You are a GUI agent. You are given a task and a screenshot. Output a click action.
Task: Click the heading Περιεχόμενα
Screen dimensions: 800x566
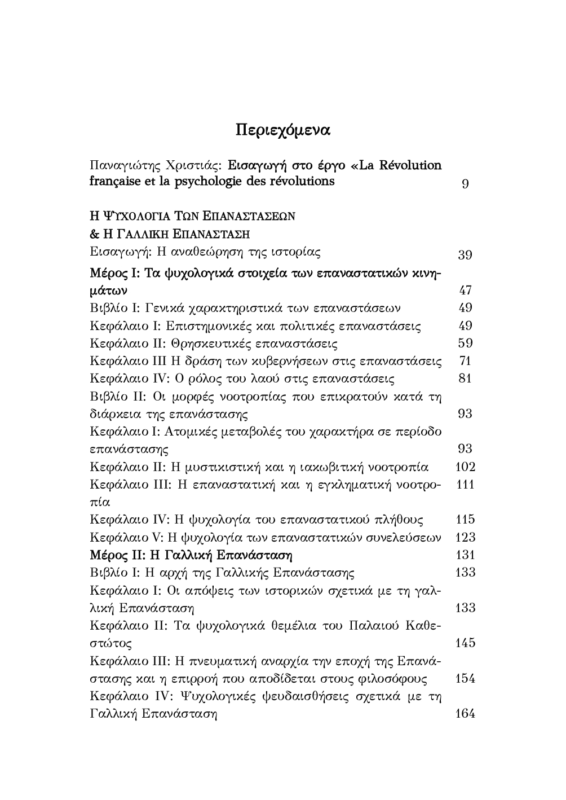[282, 130]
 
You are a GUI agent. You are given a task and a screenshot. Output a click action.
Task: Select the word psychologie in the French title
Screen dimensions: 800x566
[209, 182]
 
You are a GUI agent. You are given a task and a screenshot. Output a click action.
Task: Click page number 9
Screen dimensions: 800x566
[465, 184]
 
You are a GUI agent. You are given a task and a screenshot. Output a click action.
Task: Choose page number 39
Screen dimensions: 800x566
[465, 255]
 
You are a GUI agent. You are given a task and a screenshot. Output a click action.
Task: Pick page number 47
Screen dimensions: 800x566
[465, 291]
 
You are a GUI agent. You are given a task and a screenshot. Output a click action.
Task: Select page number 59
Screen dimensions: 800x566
[465, 344]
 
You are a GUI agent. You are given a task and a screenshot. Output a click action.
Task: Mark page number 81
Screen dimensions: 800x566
[465, 379]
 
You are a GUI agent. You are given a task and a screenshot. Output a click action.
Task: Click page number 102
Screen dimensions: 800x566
[465, 467]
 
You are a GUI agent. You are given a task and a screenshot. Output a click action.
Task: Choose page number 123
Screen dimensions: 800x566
[465, 537]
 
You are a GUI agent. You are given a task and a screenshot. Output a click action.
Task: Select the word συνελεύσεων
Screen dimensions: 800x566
[405, 537]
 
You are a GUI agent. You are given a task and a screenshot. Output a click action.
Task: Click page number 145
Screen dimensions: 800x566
[465, 643]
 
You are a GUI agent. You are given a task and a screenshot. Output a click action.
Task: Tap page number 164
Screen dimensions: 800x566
[465, 714]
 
